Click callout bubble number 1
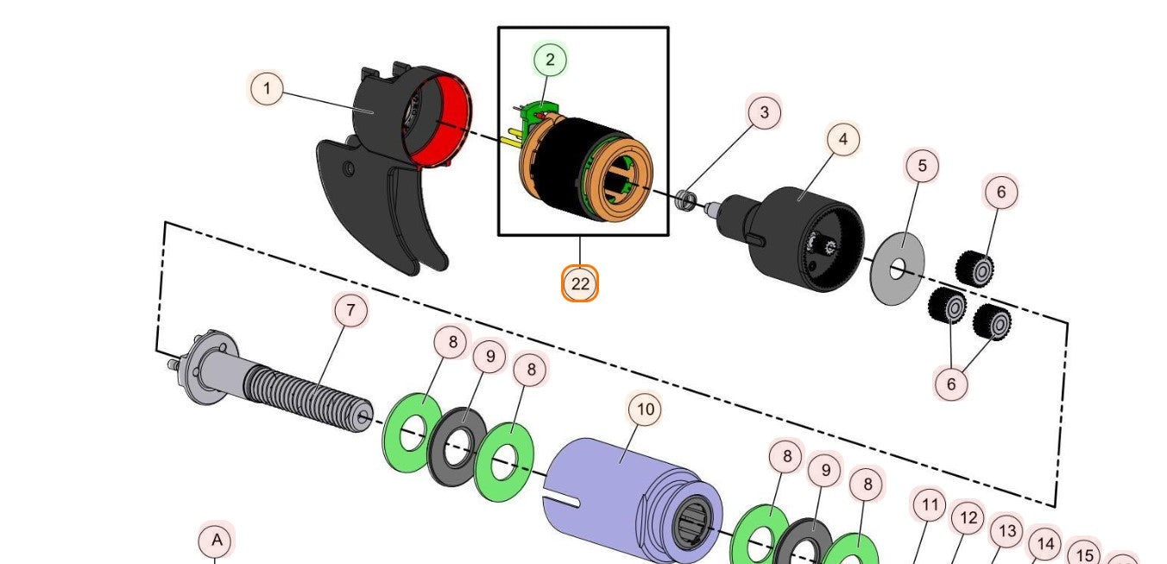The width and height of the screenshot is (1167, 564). coord(267,88)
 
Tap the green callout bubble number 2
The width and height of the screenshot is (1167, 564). coord(550,60)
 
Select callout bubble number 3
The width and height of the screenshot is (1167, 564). coord(764,112)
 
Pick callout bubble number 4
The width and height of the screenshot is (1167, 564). coord(842,138)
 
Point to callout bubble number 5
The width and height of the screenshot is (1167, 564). coord(922,165)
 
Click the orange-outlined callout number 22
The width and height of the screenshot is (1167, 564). coord(580,283)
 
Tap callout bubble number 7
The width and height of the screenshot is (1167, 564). coord(350,310)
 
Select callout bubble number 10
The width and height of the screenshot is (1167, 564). coord(646,408)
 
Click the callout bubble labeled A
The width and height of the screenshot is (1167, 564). coord(217,541)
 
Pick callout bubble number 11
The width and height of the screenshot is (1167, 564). coord(929,504)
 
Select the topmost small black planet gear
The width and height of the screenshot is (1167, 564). coord(975,268)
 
